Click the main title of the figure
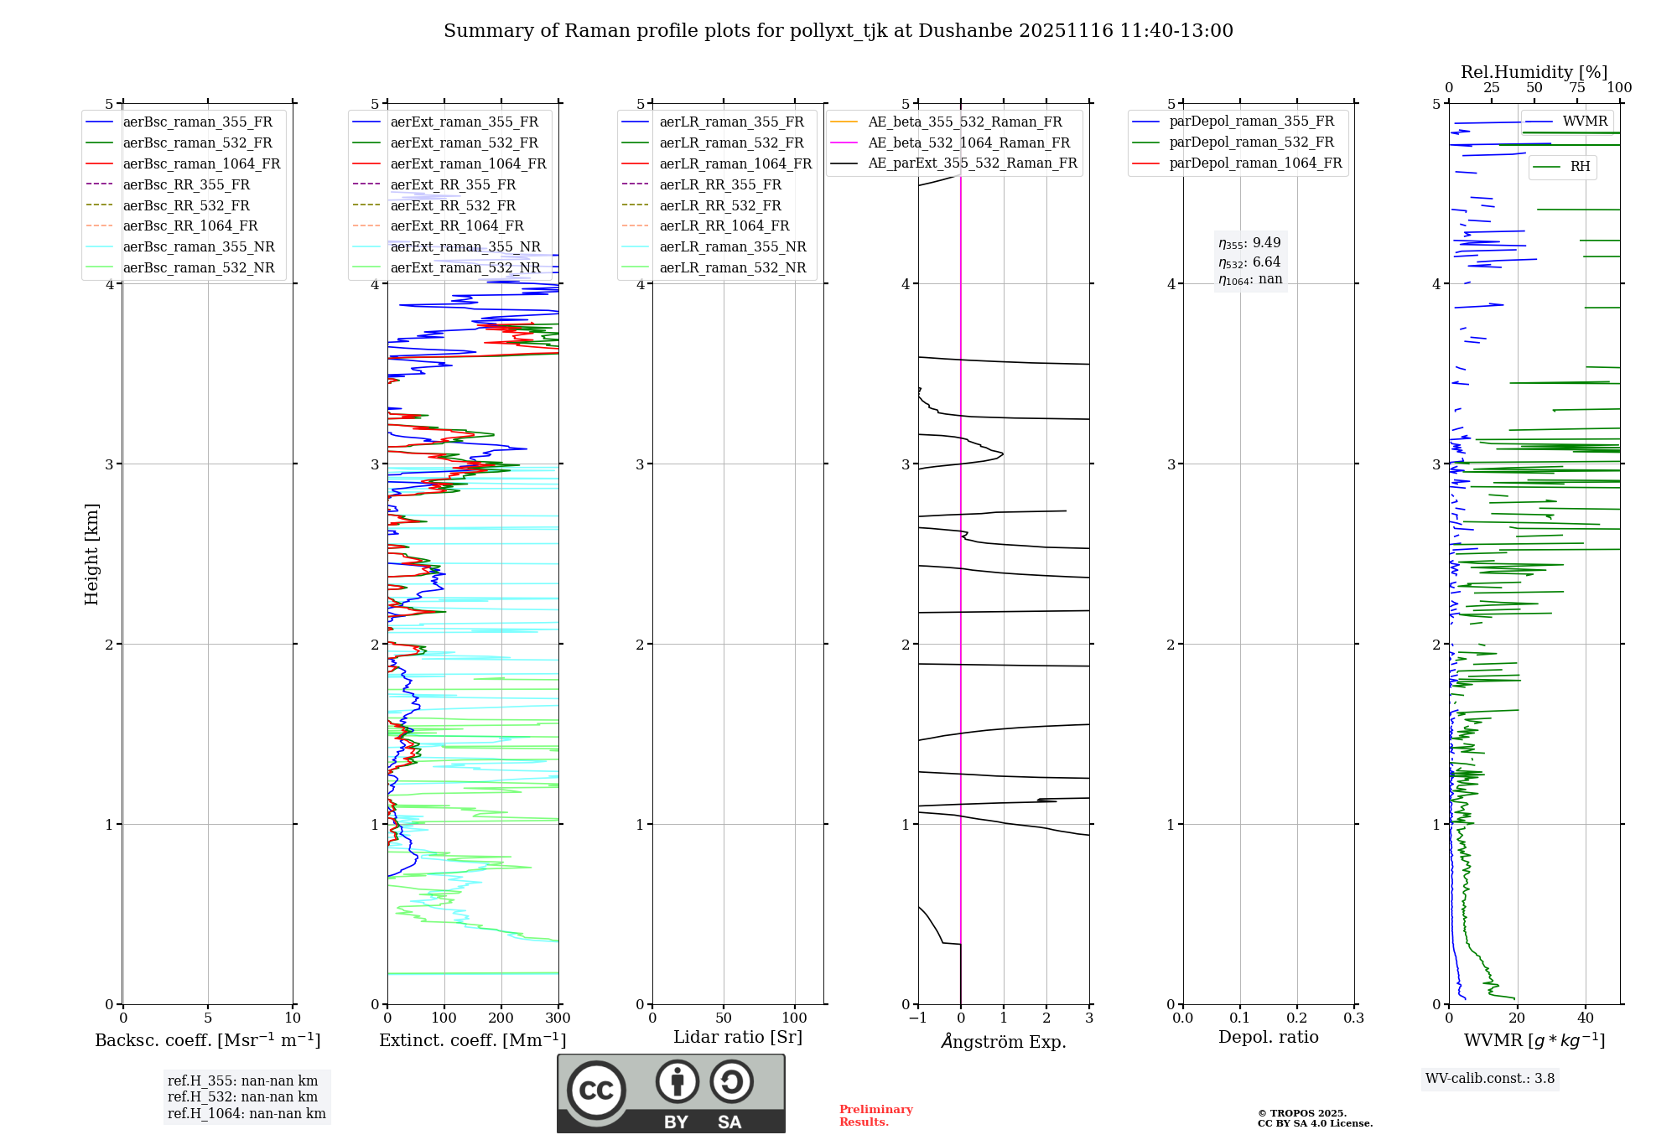(838, 31)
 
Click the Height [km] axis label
(91, 553)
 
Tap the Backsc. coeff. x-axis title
(208, 1040)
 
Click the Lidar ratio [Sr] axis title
(738, 1037)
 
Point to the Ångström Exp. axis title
(1004, 1041)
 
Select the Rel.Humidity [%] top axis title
(1534, 72)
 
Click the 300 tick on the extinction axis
(558, 1018)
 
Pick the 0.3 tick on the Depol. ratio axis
(1353, 1018)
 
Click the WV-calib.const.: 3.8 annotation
(1490, 1078)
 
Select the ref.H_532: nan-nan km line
(242, 1096)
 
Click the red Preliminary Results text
(875, 1115)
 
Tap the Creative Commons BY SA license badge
(671, 1093)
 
